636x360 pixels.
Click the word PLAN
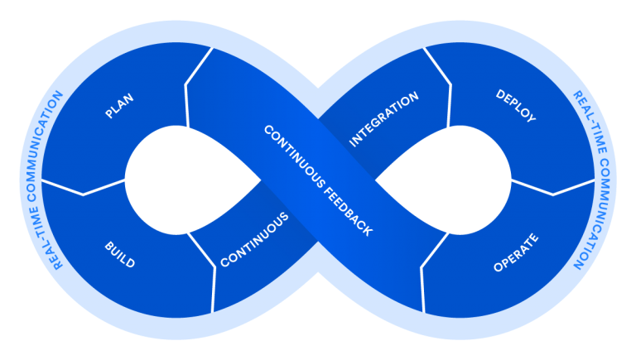click(x=119, y=106)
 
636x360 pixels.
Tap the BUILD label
click(x=119, y=255)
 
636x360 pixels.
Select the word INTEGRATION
click(x=383, y=119)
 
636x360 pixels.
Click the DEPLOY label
click(x=515, y=106)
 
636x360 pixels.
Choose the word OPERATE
click(x=515, y=253)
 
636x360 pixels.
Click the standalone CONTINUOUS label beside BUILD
click(x=254, y=240)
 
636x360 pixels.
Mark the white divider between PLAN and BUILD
click(x=83, y=189)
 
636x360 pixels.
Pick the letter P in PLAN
click(x=109, y=115)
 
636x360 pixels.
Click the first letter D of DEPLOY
click(x=500, y=94)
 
